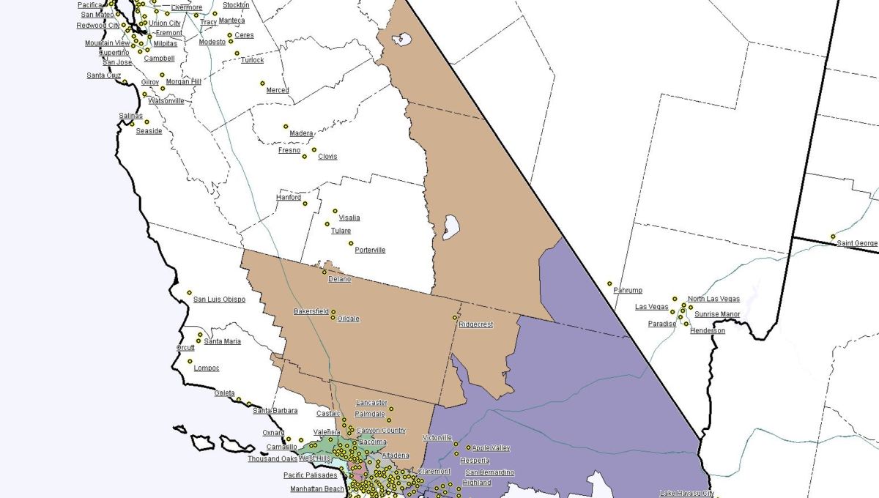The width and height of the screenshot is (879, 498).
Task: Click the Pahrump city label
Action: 628,291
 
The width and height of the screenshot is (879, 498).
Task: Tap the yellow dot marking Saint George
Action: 833,236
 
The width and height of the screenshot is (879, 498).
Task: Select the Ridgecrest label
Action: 476,324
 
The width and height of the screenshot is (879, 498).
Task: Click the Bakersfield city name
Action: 311,311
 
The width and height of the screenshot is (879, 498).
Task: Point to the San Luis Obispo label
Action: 219,300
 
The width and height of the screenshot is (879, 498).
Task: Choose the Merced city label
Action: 278,90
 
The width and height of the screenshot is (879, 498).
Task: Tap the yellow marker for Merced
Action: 262,83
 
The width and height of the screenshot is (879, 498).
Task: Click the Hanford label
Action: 289,198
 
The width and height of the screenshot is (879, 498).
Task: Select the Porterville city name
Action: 370,250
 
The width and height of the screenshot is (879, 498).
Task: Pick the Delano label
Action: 339,279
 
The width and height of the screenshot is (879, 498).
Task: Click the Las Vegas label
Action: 651,307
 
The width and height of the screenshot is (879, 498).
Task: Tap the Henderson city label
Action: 708,331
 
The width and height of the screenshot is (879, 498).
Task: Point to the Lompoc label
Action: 207,368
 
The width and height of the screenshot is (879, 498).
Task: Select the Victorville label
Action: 437,438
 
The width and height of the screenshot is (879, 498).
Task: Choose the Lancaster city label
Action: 371,403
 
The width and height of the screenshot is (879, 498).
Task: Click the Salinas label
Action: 131,116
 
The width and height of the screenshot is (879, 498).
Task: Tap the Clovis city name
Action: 327,157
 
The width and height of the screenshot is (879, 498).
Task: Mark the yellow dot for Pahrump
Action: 609,283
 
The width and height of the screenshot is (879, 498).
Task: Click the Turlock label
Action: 253,60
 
